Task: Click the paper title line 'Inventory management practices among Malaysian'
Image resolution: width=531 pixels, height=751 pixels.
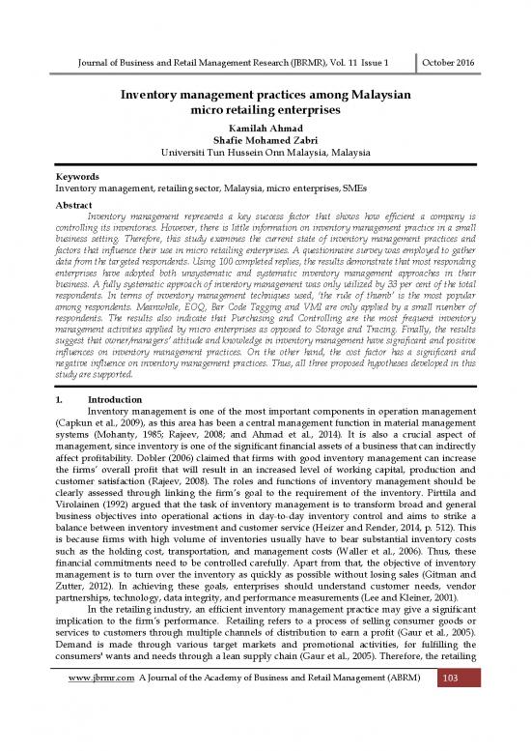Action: click(265, 98)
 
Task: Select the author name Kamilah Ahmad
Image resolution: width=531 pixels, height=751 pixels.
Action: click(265, 129)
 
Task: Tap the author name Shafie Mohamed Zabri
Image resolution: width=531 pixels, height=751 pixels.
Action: click(265, 143)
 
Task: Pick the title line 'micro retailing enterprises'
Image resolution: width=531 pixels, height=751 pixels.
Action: click(265, 112)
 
